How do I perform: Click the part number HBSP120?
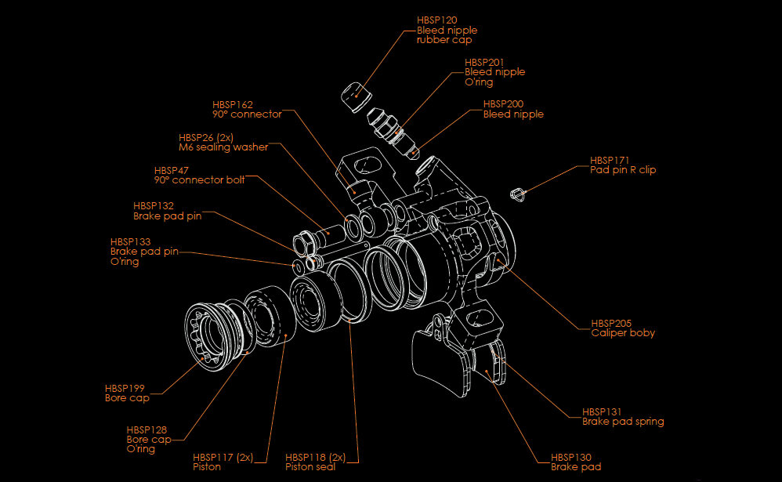[x=436, y=20]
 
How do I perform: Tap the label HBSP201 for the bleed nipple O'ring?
[x=484, y=61]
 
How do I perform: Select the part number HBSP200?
[x=503, y=103]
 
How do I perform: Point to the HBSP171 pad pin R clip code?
[x=610, y=160]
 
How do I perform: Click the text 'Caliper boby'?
[x=623, y=333]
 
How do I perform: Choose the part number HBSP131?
[x=602, y=411]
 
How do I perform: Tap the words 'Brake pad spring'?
[x=623, y=422]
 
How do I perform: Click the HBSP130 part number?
[x=570, y=457]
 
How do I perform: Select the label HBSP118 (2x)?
[x=315, y=457]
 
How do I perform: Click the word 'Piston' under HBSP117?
[x=207, y=467]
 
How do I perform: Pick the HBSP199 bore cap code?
[x=125, y=388]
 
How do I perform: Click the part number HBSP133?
[x=130, y=241]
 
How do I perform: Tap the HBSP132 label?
[x=153, y=205]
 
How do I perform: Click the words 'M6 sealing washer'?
[x=223, y=147]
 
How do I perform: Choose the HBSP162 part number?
[x=233, y=104]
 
